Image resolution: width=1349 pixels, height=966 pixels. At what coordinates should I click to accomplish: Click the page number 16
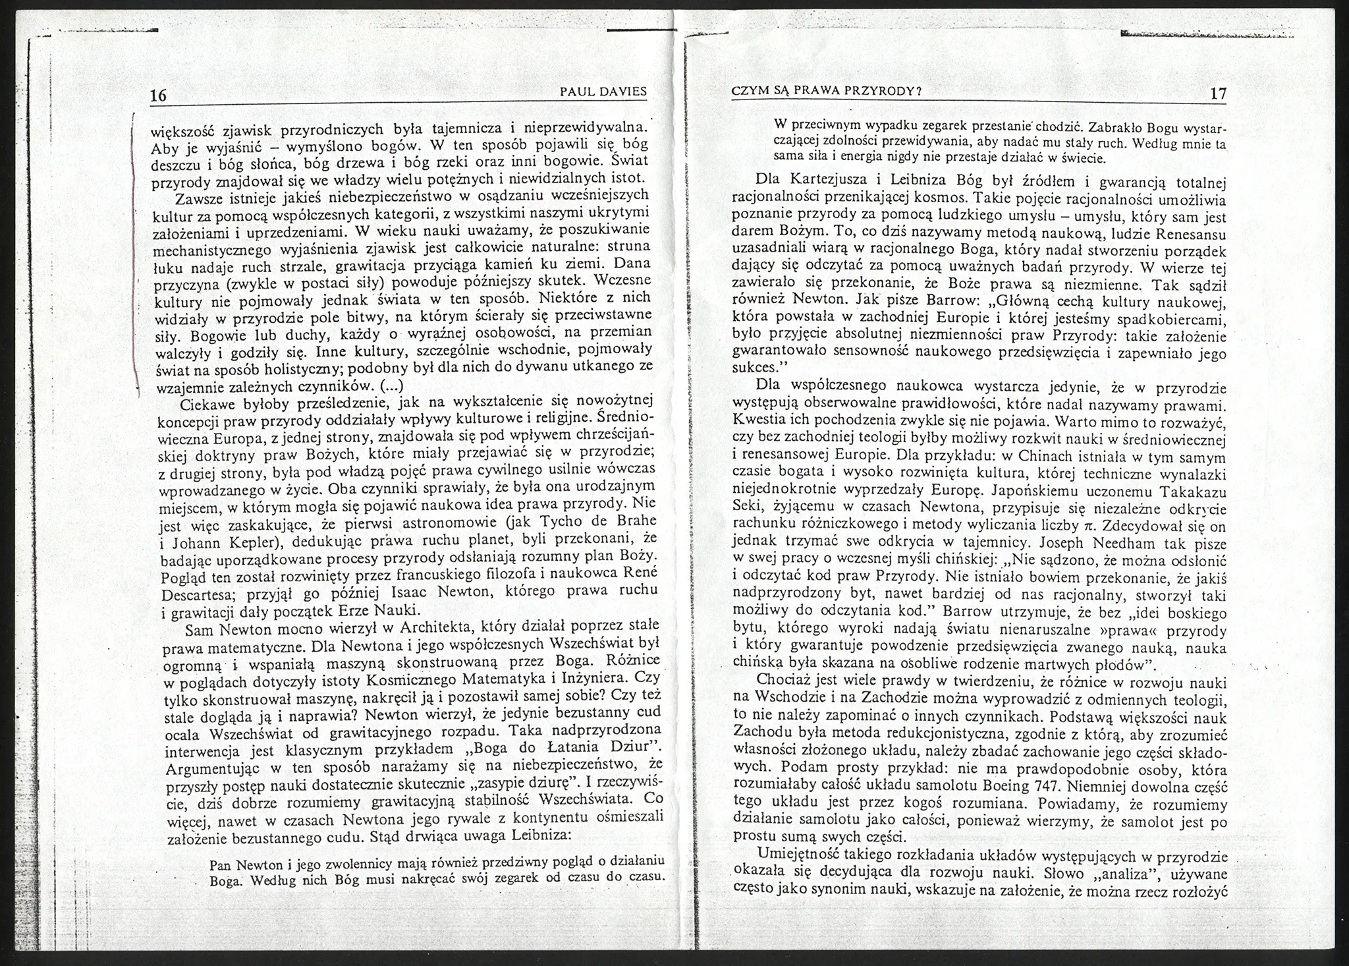158,95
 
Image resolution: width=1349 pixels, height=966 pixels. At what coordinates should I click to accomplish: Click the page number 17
1219,94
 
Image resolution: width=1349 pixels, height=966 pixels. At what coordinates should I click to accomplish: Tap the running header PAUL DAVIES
603,92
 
